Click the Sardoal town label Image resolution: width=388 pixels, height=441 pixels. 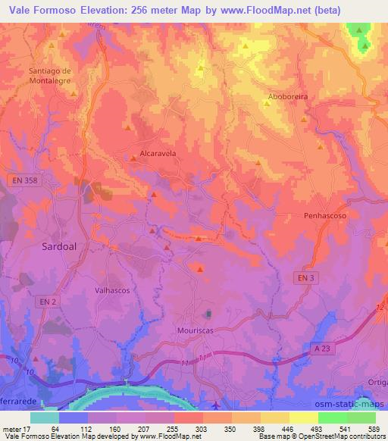[57, 247]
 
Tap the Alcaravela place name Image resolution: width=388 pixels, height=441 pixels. [158, 152]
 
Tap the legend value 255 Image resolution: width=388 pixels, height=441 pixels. [173, 429]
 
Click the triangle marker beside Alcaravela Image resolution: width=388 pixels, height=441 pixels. [133, 158]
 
